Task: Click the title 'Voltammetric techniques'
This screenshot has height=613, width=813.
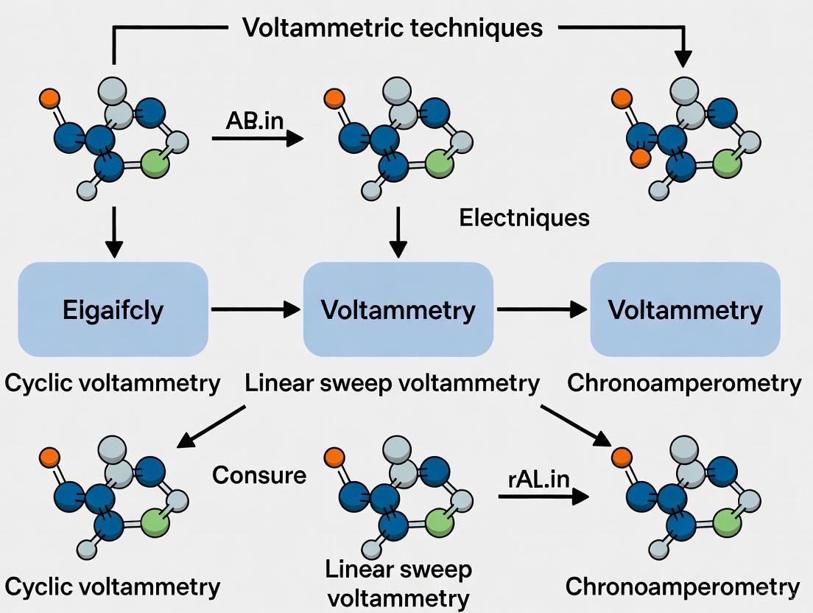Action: [393, 28]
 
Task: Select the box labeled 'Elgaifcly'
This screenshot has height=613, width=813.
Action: [113, 310]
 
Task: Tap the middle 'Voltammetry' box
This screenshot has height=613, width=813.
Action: [398, 310]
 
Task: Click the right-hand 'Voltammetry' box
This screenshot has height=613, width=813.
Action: [685, 310]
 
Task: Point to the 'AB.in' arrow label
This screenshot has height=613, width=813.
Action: [254, 120]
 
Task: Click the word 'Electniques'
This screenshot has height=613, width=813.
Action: [524, 217]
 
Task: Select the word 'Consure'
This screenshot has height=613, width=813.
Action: [259, 474]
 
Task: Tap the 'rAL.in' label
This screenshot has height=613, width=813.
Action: [539, 479]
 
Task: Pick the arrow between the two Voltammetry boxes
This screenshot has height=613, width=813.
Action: [541, 310]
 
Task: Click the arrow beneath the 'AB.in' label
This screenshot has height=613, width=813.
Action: [257, 138]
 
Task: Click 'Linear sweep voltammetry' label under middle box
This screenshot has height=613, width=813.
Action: [392, 383]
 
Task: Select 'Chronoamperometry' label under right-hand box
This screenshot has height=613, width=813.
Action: [684, 383]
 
